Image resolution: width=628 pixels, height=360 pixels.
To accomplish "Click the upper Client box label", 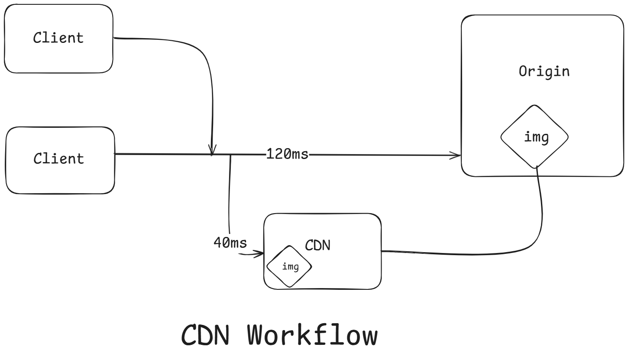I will point(58,38).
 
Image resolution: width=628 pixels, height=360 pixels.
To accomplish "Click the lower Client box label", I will point(59,159).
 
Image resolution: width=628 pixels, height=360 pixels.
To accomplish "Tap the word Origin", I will point(544,71).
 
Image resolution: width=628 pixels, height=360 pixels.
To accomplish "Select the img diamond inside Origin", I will point(534,137).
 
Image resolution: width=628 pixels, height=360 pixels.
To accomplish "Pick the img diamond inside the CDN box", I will point(289,266).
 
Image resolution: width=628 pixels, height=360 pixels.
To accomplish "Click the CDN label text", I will point(317,246).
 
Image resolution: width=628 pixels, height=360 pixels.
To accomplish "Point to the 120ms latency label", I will point(287,154).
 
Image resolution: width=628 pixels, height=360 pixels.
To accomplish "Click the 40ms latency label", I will point(230,243).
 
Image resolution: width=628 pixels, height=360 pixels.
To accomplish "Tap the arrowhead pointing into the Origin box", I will point(456,156).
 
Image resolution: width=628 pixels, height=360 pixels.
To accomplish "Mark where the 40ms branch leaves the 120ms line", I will point(230,155).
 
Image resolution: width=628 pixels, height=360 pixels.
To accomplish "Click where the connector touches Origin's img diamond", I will point(537,167).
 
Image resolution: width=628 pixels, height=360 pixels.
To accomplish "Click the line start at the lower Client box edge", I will point(115,154).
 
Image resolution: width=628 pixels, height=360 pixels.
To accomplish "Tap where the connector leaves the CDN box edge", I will point(382,250).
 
